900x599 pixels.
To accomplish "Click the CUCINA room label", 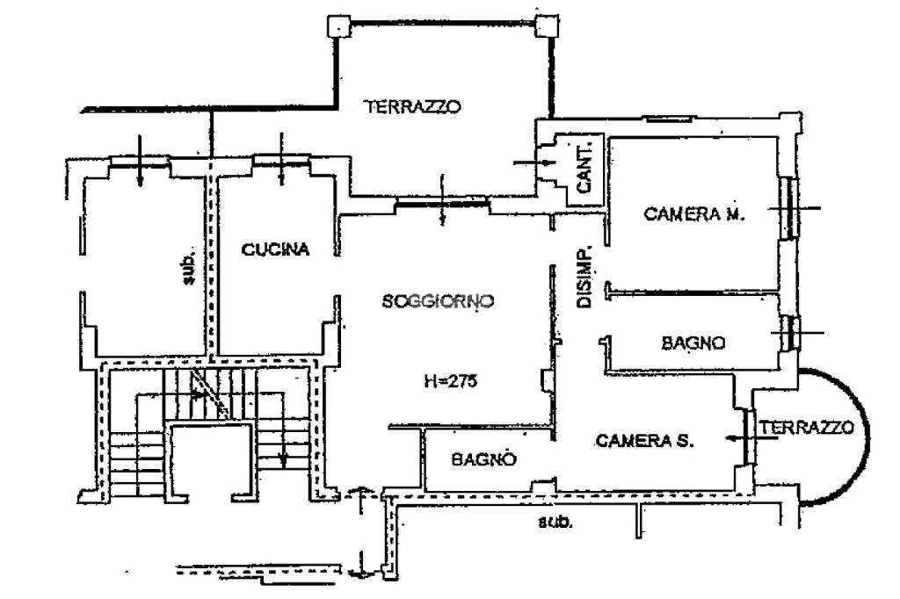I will point(275,250).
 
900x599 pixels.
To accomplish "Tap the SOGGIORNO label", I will point(438,301).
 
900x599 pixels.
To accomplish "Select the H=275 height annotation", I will point(451,381).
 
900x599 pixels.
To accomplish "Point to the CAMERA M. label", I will point(694,213).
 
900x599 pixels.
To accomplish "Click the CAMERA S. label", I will point(645,442).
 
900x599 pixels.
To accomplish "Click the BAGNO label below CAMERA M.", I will point(693,343).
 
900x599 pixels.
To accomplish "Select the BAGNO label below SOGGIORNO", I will point(483,459).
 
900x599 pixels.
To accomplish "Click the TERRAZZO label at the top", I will point(413,107).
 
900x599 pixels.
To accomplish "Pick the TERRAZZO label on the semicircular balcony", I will point(806,428).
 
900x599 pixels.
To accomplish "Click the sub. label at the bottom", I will point(555,522).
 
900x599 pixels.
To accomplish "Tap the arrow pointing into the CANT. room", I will point(531,162).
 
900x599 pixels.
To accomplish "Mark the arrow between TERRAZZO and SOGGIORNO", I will point(443,199).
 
